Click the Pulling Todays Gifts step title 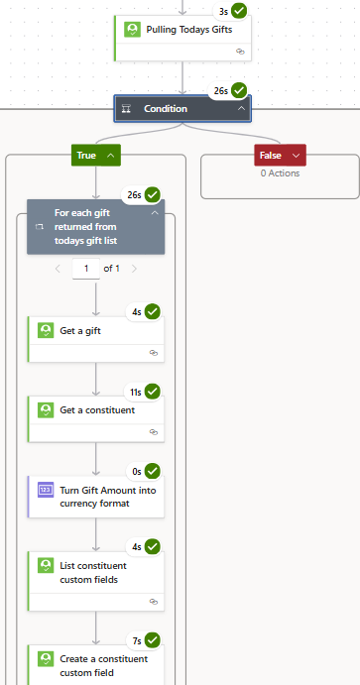pyautogui.click(x=188, y=30)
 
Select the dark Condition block pyautogui.click(x=181, y=108)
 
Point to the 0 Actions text pyautogui.click(x=280, y=173)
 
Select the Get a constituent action pyautogui.click(x=97, y=409)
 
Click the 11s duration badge pyautogui.click(x=135, y=392)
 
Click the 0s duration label pyautogui.click(x=136, y=471)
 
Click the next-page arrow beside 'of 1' pyautogui.click(x=134, y=268)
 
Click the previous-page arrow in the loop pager pyautogui.click(x=58, y=268)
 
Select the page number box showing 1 pyautogui.click(x=86, y=268)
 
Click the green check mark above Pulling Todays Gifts pyautogui.click(x=239, y=11)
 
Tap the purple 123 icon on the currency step pyautogui.click(x=46, y=490)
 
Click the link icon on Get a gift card pyautogui.click(x=153, y=352)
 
